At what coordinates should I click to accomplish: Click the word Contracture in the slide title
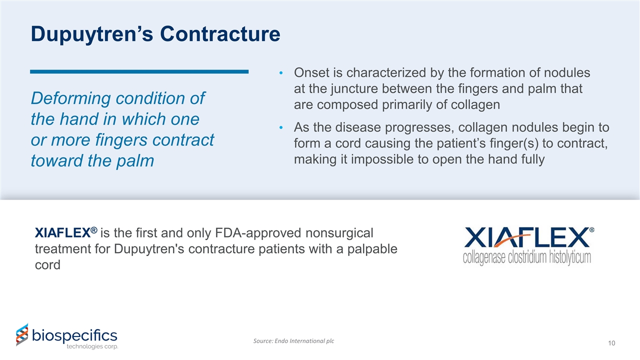click(220, 33)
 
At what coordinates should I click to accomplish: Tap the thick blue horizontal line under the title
click(139, 72)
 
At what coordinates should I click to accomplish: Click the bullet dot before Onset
click(281, 74)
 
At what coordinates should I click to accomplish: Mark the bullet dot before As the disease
click(281, 128)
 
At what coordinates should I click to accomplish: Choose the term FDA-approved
click(256, 233)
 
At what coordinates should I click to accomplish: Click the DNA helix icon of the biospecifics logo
click(22, 334)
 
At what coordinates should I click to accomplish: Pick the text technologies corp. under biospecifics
click(92, 346)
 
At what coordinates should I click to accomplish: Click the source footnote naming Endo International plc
click(294, 341)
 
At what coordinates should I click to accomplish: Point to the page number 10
click(611, 343)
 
